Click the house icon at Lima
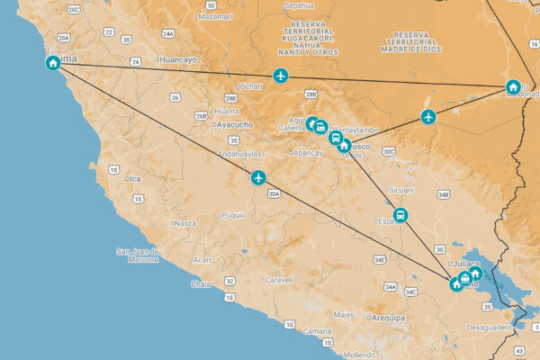click(x=54, y=63)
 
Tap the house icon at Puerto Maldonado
click(x=512, y=87)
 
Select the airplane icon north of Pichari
click(x=281, y=76)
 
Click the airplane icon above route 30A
click(x=259, y=177)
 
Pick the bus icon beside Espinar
click(x=400, y=215)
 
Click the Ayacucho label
click(x=235, y=125)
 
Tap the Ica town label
click(x=135, y=178)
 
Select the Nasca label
click(x=185, y=223)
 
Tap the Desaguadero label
click(x=489, y=328)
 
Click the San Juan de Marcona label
click(x=138, y=256)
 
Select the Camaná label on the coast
click(x=317, y=332)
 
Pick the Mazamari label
click(x=216, y=16)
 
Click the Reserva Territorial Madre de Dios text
click(x=416, y=41)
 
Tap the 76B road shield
click(x=201, y=116)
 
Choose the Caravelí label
click(x=279, y=280)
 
